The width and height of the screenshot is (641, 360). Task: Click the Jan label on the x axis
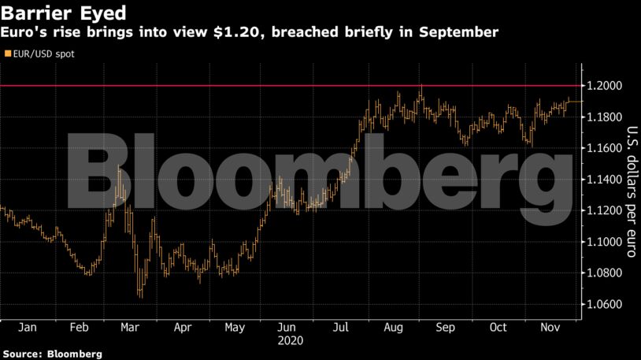click(26, 328)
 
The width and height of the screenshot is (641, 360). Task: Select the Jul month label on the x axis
click(341, 328)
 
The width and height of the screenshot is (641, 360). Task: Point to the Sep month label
click(446, 328)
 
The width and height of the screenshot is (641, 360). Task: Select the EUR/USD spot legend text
click(40, 54)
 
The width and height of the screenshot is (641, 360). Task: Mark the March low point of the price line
click(140, 296)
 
